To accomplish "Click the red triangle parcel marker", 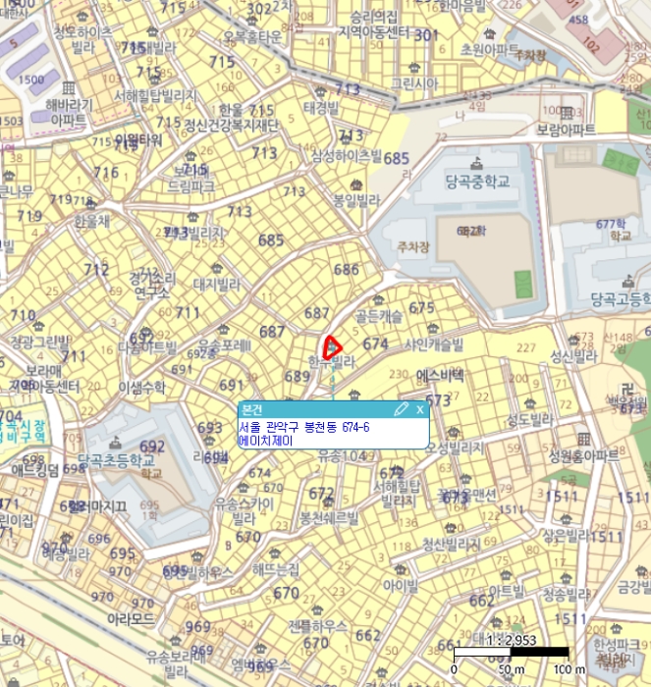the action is point(331,346).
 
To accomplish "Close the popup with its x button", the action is point(419,409).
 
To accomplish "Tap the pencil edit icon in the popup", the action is point(401,409).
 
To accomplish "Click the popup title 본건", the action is point(253,409).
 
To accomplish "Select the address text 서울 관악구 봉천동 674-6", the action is point(304,428).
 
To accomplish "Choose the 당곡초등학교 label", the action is point(117,458).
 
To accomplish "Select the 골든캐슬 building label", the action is point(378,318).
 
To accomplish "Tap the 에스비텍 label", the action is point(441,375).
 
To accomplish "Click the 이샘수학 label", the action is point(142,388).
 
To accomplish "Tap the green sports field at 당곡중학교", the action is point(523,284).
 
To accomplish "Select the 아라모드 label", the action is point(131,619).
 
